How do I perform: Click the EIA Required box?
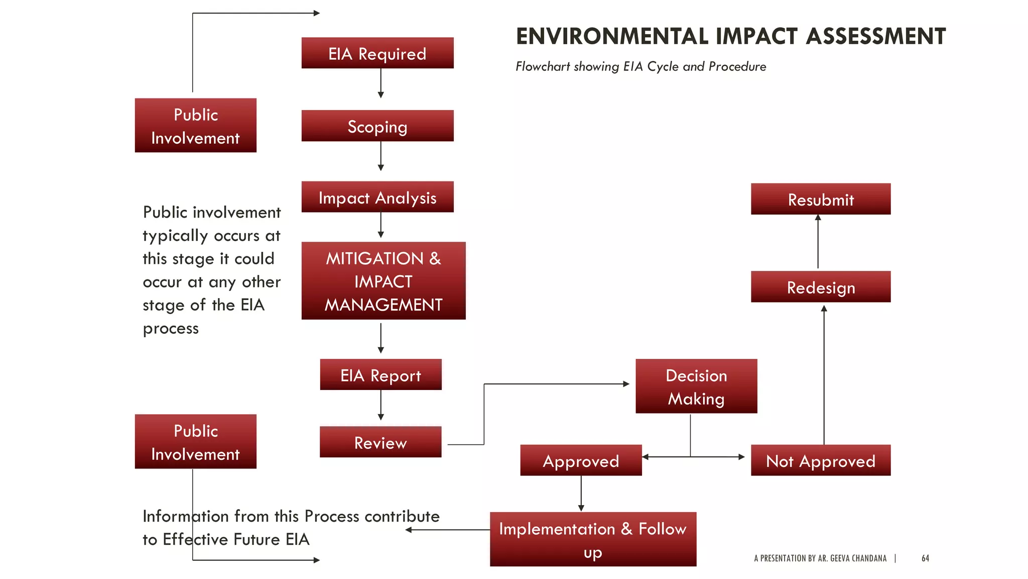[377, 53]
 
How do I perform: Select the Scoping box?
[377, 126]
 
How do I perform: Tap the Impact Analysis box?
[377, 197]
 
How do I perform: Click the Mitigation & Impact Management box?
[383, 281]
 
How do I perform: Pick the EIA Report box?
[380, 375]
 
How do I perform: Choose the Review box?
[380, 442]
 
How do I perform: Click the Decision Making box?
[696, 387]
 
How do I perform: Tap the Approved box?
[581, 460]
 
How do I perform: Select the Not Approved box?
[821, 460]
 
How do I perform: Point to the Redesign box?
[821, 287]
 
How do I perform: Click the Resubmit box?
[821, 199]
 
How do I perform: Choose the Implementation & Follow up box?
[593, 539]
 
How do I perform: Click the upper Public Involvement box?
[196, 126]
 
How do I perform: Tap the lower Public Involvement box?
[196, 442]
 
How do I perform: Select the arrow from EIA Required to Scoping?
[380, 83]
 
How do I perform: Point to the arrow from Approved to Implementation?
[581, 494]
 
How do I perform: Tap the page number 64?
[925, 558]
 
